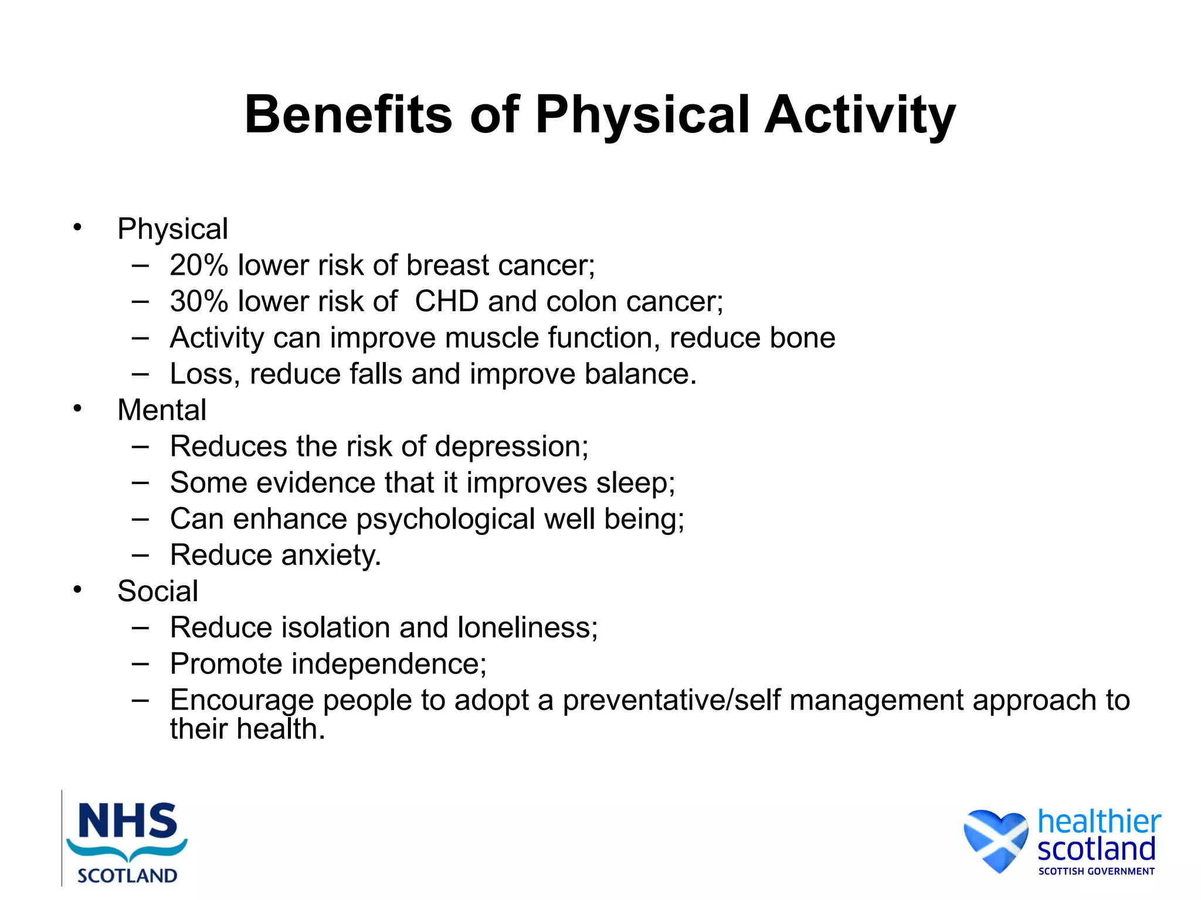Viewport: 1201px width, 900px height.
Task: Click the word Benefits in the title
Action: click(x=348, y=115)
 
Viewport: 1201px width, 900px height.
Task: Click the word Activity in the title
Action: click(x=860, y=115)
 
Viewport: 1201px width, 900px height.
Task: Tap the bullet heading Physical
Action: click(x=172, y=229)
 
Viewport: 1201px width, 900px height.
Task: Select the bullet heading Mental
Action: click(x=162, y=410)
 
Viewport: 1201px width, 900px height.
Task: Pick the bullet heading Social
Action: click(x=158, y=591)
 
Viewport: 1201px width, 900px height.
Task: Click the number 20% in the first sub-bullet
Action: click(x=199, y=265)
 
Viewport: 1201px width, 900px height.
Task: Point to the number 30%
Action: click(x=199, y=302)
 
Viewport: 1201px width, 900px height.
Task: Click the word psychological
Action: click(x=446, y=520)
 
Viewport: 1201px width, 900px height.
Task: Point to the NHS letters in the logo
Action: click(x=127, y=821)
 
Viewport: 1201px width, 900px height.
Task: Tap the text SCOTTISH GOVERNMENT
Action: click(x=1096, y=871)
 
